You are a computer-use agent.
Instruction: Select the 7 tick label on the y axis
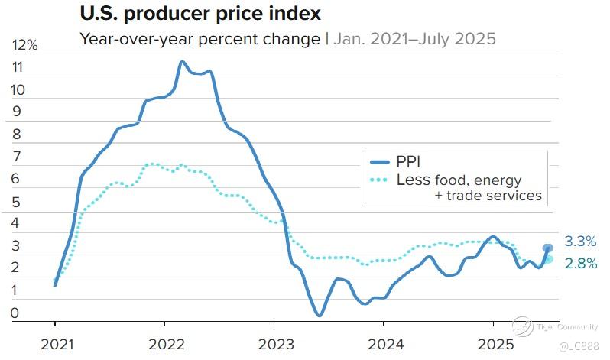(x=17, y=157)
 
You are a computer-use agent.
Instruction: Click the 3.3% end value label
(x=580, y=242)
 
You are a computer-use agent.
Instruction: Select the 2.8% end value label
(x=580, y=264)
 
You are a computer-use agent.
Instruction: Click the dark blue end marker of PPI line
(x=548, y=248)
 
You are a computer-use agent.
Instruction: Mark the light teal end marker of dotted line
(x=548, y=259)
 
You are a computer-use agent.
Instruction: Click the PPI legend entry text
(x=408, y=162)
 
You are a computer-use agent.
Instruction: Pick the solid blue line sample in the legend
(x=379, y=162)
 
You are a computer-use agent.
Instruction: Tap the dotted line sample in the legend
(x=379, y=180)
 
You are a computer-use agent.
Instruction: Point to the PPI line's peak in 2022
(x=182, y=61)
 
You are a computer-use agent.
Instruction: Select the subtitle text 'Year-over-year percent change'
(x=200, y=37)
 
